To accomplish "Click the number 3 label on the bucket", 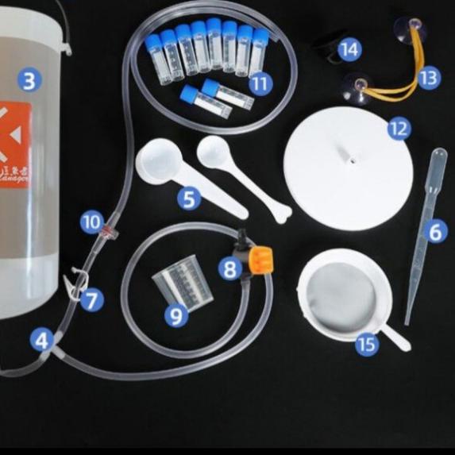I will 29,80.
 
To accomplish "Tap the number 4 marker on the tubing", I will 42,341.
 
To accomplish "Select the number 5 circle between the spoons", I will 188,198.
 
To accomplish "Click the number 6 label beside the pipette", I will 434,232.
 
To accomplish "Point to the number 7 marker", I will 92,299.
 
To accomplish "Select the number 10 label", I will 92,222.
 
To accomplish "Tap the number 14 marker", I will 349,49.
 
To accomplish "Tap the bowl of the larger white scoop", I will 160,157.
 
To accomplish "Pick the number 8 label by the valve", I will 230,269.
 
